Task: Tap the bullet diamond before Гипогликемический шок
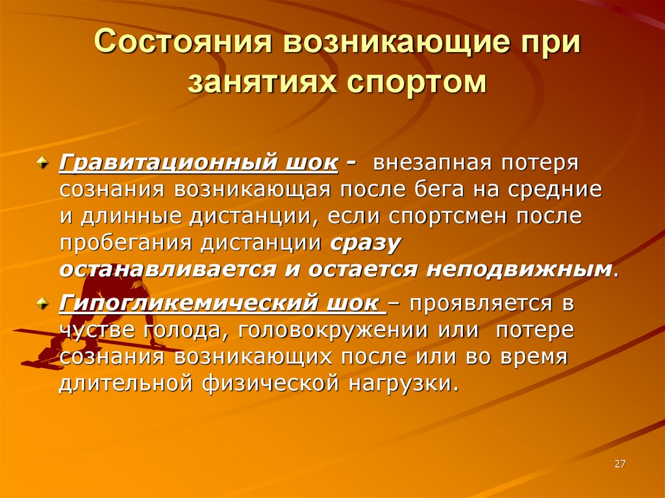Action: click(43, 303)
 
